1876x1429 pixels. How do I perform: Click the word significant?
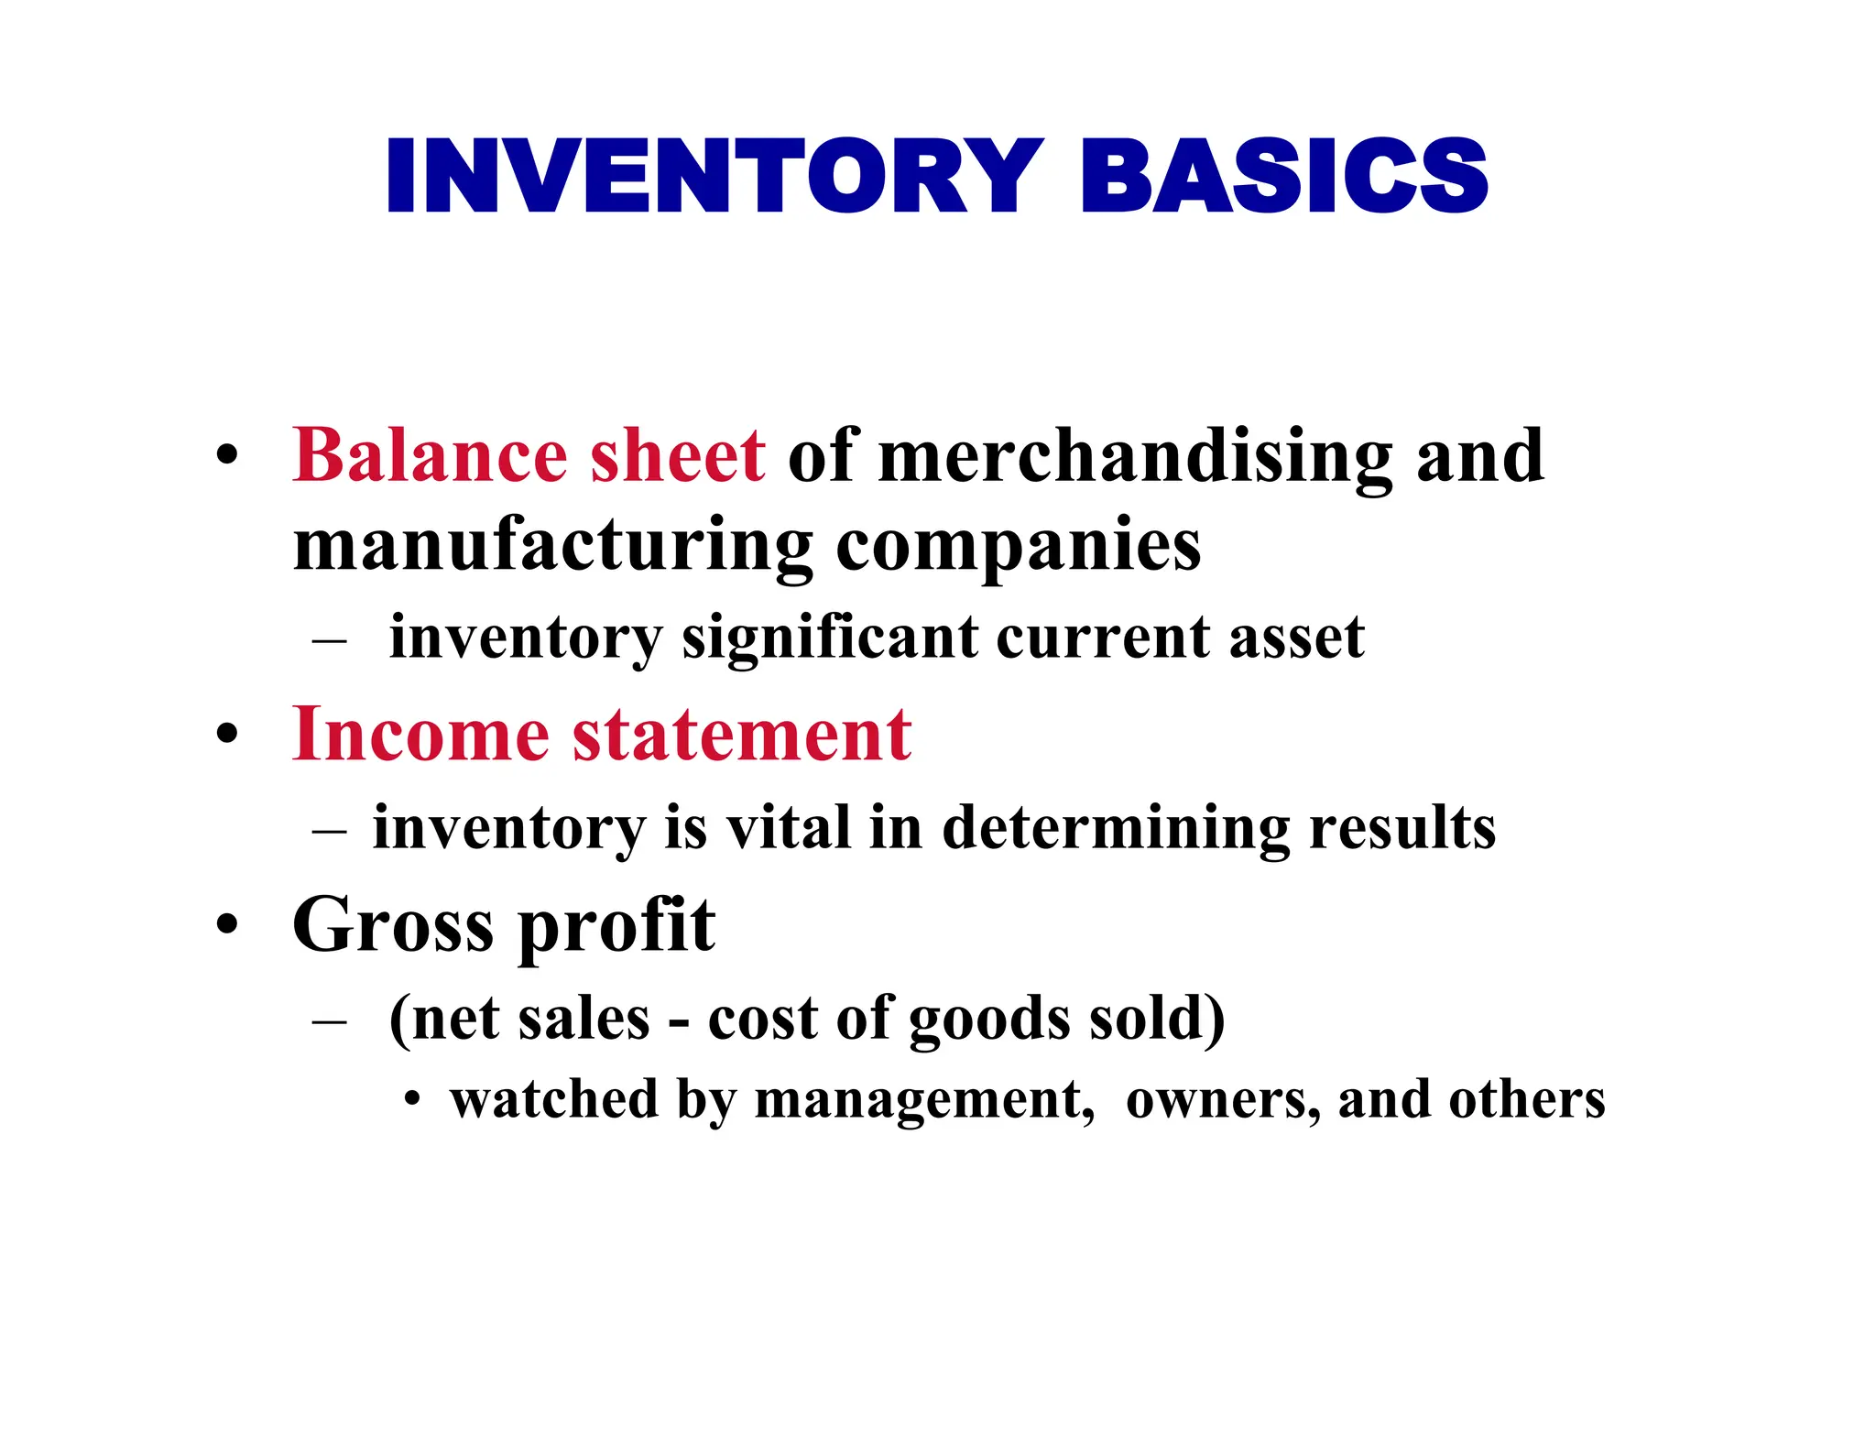coord(830,638)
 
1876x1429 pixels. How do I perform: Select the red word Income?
coord(420,735)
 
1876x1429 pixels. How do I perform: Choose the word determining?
coord(1116,829)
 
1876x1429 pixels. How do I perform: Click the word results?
coord(1402,827)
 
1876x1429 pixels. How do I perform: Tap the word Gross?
coord(393,924)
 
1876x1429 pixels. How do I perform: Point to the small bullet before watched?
coord(413,1099)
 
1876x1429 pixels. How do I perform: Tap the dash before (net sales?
coord(329,1020)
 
